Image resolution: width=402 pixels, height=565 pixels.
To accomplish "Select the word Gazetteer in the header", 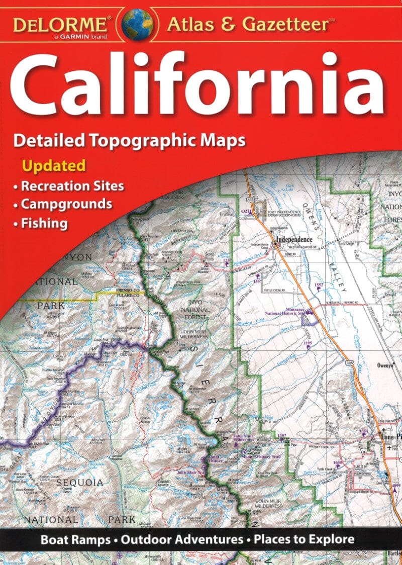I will [286, 23].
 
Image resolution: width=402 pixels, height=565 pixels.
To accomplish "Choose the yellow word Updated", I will [53, 165].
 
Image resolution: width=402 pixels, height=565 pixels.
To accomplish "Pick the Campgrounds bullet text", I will [66, 204].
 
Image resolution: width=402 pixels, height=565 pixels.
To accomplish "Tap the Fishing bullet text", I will [44, 223].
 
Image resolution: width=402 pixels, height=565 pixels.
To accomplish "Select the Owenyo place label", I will [387, 365].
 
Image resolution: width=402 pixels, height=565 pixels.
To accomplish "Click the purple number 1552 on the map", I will [319, 286].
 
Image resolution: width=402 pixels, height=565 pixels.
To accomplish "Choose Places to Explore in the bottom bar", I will [304, 540].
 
